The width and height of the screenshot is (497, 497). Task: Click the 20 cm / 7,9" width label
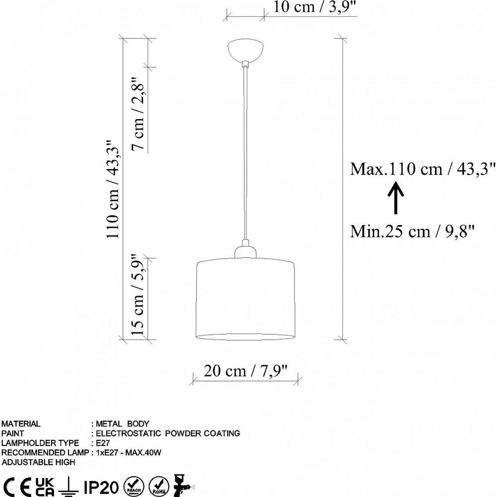tap(245, 371)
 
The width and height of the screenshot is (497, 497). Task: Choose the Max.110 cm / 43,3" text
tap(422, 169)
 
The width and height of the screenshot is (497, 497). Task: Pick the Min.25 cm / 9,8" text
tap(412, 232)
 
